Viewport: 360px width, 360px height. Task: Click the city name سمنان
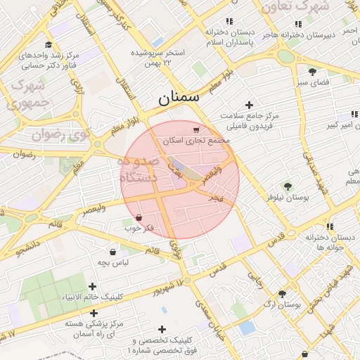179,98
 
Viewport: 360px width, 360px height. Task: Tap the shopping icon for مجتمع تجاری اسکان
195,130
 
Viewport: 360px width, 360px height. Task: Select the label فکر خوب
139,228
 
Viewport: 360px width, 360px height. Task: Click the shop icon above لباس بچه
113,252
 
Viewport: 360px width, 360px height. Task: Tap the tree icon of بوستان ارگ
282,294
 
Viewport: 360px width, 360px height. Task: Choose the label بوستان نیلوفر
288,198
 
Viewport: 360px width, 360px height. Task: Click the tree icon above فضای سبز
312,71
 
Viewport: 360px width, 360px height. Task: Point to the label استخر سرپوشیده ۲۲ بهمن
157,58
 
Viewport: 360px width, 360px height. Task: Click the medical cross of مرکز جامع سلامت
249,105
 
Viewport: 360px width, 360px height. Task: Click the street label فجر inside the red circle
215,198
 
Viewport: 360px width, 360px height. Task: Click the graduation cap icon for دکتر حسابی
48,44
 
